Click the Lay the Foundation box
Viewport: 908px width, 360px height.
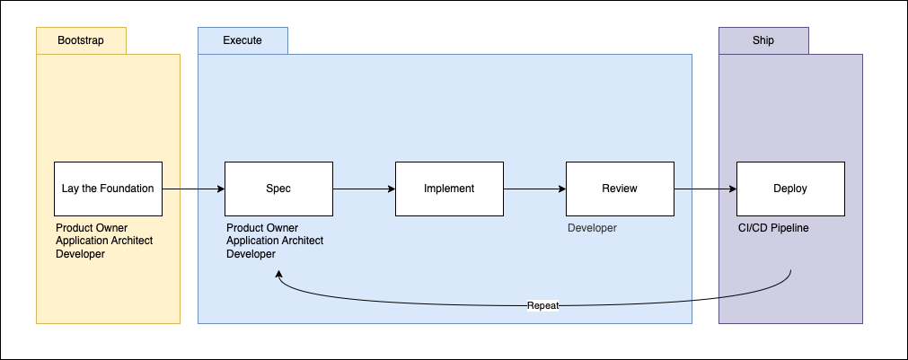(x=108, y=189)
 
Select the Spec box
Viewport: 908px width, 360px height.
(x=278, y=189)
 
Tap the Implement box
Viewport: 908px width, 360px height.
(x=449, y=189)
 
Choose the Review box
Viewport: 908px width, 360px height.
(x=620, y=189)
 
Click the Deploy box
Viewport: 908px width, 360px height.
(x=790, y=189)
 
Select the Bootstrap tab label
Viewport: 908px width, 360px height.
(x=81, y=40)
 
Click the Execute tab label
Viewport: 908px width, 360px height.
(x=242, y=40)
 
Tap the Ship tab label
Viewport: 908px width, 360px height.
(x=763, y=40)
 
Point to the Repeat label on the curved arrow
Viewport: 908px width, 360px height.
(x=542, y=305)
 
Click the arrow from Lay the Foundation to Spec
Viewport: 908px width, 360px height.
(x=193, y=189)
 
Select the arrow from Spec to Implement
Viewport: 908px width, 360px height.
(x=364, y=189)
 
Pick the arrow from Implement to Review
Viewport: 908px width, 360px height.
(x=534, y=189)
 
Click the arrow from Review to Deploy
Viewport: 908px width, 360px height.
(x=705, y=189)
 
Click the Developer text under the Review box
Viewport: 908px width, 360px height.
(x=592, y=228)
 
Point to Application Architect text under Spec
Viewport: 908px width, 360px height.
(x=275, y=241)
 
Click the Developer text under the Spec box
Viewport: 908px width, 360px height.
(x=251, y=254)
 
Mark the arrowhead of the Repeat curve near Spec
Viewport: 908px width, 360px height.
(x=280, y=279)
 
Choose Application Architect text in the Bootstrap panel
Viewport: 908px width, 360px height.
(x=104, y=241)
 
